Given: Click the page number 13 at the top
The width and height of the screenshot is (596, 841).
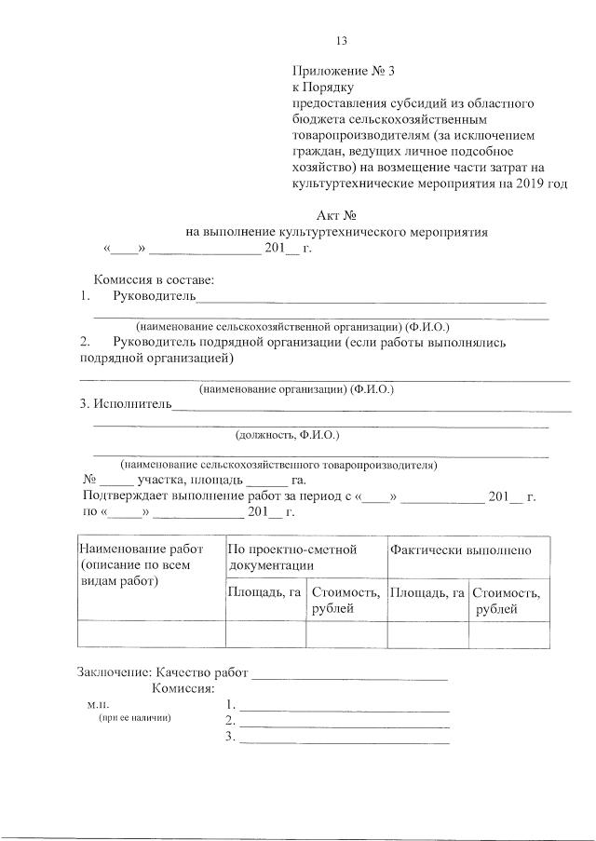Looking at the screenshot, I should pos(341,40).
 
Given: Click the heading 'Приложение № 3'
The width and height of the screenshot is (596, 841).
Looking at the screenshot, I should pos(336,71).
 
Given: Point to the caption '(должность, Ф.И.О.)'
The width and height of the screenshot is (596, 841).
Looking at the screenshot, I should pos(287,434).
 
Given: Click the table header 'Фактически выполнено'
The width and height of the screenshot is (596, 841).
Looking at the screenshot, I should pos(462,550).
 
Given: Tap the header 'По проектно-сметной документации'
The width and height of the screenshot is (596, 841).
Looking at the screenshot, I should pos(292,557).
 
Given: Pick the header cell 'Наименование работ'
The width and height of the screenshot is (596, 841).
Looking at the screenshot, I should pos(141,549).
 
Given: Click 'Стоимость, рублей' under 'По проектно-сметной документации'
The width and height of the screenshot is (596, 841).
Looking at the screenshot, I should pos(345,600).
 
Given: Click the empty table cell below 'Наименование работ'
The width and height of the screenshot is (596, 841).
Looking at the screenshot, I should pos(151,633).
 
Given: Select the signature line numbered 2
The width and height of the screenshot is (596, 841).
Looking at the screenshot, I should pos(344,722).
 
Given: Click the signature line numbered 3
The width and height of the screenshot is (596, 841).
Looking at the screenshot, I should pos(344,739).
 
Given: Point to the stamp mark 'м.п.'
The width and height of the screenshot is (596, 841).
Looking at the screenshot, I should pos(98,706).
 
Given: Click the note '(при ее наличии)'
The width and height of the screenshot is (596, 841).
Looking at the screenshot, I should pos(135,720).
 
